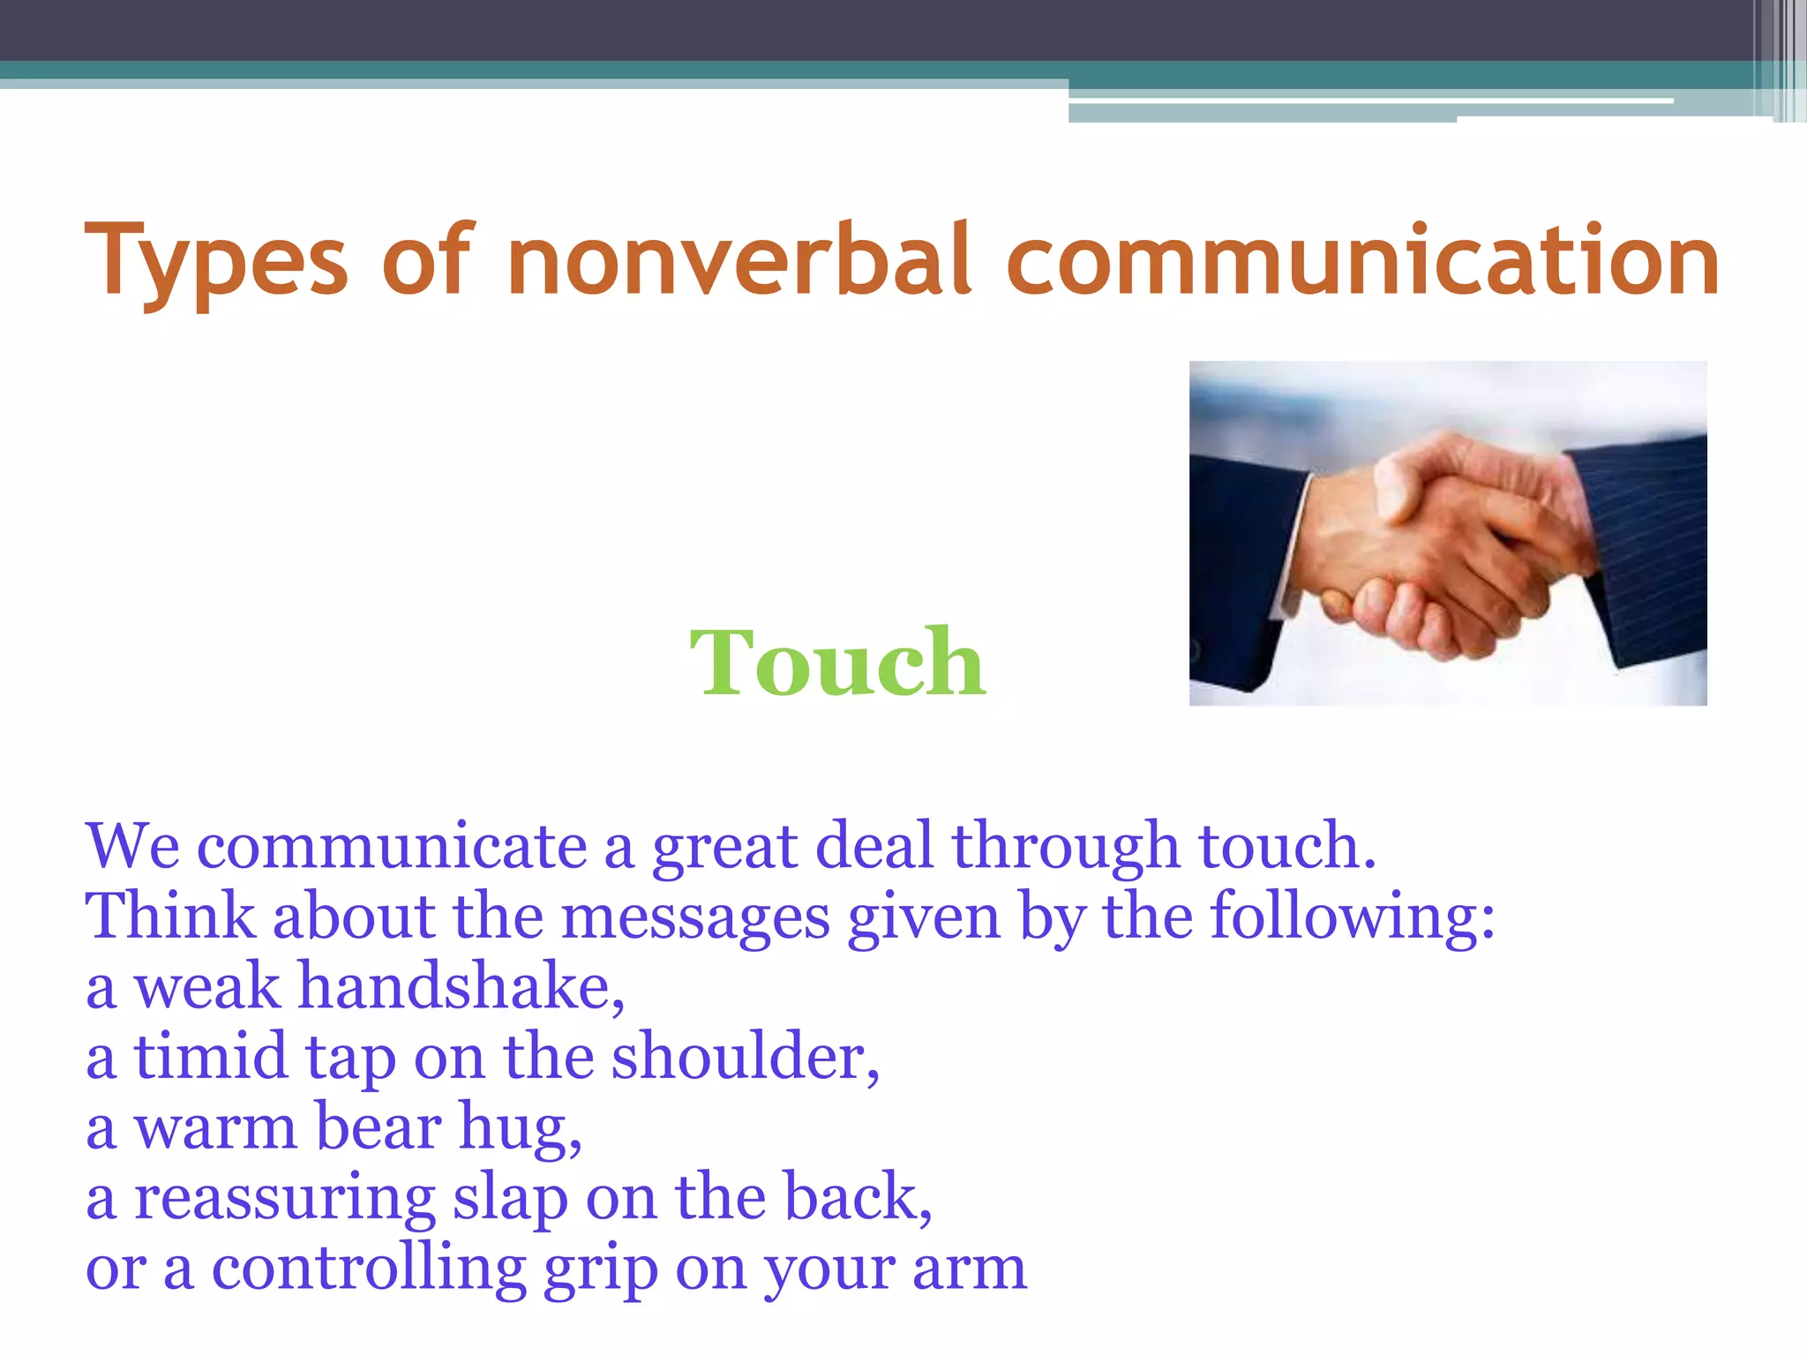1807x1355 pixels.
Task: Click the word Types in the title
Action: coord(216,261)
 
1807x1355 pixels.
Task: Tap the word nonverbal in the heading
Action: coord(739,261)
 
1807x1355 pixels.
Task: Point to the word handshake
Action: coord(461,986)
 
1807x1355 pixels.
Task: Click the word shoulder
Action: coord(745,1057)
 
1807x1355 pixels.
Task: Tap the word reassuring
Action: coord(284,1198)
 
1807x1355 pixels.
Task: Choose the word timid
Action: coord(210,1057)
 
